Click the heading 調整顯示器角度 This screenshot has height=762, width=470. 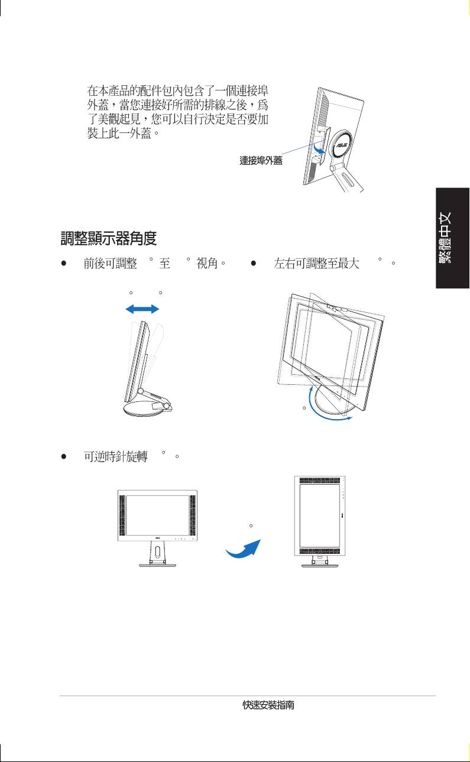click(x=109, y=238)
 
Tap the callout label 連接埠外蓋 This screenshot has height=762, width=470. click(x=261, y=161)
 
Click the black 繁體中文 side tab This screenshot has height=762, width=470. click(x=453, y=238)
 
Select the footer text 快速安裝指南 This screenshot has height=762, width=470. click(x=268, y=705)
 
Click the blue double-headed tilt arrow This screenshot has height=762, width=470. click(x=142, y=309)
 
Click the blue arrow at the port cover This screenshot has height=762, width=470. click(x=319, y=148)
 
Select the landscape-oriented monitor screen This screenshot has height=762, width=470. click(x=157, y=515)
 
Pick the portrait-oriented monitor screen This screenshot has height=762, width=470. click(x=320, y=515)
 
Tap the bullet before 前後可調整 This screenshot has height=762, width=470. click(x=63, y=263)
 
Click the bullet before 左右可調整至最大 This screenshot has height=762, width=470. click(x=254, y=263)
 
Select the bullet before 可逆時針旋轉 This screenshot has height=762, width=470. click(x=63, y=456)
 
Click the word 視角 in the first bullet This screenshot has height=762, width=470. click(x=207, y=263)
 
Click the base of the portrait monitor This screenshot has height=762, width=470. click(x=320, y=565)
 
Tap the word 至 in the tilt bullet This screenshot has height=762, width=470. click(x=164, y=263)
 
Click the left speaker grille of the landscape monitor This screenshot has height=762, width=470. click(x=122, y=515)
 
